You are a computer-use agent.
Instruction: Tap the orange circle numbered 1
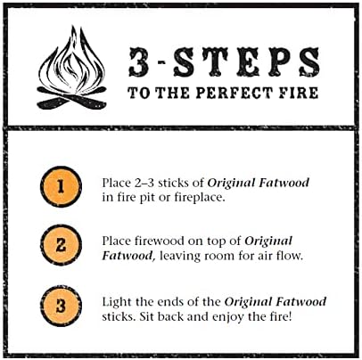[60, 188]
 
